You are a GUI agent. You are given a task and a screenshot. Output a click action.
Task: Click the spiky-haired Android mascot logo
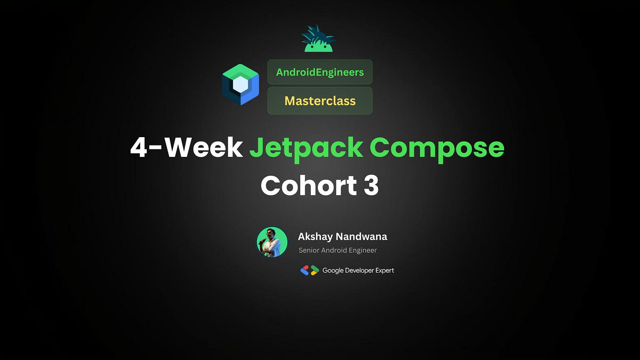(x=319, y=40)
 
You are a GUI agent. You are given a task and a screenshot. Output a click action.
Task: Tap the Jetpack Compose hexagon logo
(x=240, y=85)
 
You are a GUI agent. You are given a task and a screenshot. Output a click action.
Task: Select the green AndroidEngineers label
(x=320, y=72)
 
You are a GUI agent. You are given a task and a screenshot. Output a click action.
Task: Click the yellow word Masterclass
(x=320, y=101)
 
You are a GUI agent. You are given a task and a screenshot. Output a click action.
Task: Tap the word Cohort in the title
(x=308, y=185)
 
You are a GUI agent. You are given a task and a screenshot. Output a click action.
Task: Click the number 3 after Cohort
(x=371, y=185)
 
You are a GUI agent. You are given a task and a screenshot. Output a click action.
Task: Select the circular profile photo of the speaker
(x=272, y=242)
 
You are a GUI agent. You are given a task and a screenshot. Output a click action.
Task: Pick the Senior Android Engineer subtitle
(x=338, y=250)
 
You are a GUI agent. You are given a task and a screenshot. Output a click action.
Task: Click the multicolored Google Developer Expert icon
(x=309, y=270)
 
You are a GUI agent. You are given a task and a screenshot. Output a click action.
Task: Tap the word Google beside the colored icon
(x=333, y=270)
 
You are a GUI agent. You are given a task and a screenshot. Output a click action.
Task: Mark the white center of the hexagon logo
(x=240, y=84)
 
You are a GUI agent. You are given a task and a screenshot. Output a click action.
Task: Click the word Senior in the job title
(x=308, y=250)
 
